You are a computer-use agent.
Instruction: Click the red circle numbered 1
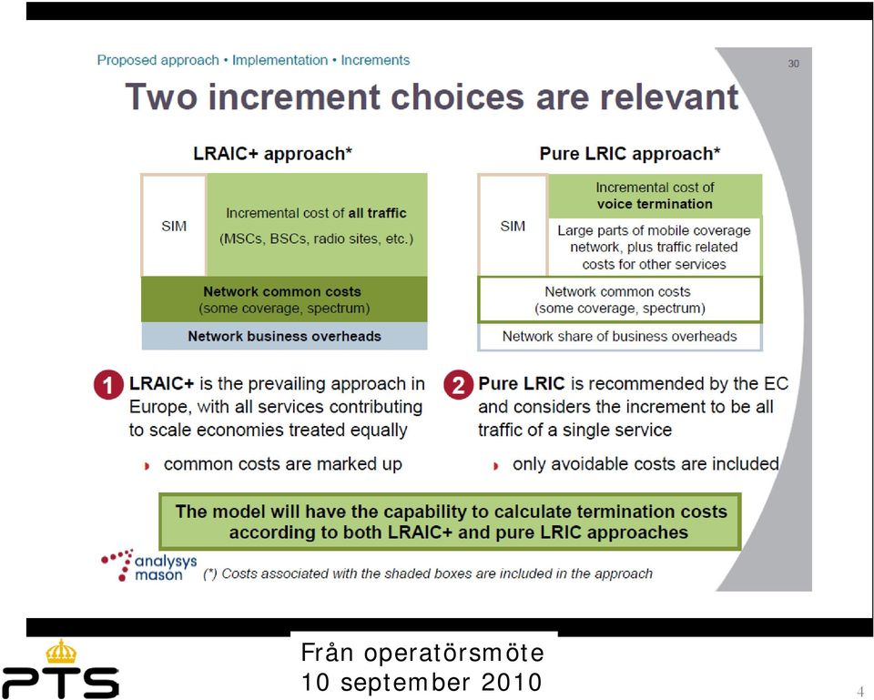[108, 385]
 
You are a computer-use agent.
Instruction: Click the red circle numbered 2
[458, 385]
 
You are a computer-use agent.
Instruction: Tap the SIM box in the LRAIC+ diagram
[174, 225]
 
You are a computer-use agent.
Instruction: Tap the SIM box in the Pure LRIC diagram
[513, 225]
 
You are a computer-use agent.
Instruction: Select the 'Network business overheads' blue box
[284, 336]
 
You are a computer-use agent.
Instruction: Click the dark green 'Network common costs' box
[284, 299]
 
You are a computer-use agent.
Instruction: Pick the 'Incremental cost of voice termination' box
[655, 196]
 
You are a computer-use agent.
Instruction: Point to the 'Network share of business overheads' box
[620, 337]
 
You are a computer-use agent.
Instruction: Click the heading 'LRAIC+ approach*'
[272, 153]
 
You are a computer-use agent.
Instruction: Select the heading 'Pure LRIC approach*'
[630, 153]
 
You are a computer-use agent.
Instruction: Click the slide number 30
[794, 64]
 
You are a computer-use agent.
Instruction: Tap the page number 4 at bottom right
[860, 692]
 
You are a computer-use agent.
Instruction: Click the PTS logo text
[60, 682]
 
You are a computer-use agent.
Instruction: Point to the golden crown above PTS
[61, 652]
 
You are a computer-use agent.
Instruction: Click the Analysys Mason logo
[149, 565]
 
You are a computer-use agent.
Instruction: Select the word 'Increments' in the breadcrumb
[375, 60]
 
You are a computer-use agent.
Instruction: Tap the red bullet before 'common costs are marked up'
[147, 465]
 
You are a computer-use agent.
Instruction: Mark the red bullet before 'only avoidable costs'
[496, 465]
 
